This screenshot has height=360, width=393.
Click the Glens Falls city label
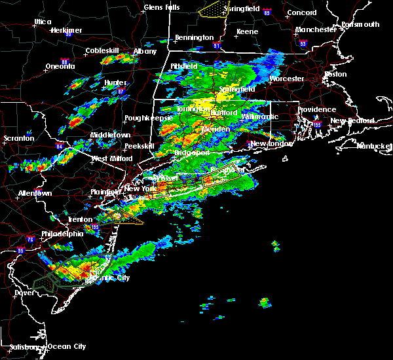(x=163, y=8)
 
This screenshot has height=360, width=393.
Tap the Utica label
(x=43, y=22)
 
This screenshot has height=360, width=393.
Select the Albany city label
(x=145, y=51)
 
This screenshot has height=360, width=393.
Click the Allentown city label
(x=35, y=194)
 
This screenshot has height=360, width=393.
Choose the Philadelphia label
(x=61, y=234)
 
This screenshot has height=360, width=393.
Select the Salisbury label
(x=22, y=346)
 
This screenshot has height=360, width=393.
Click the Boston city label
(x=335, y=74)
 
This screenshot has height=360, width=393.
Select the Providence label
(x=316, y=110)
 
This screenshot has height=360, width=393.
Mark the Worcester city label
(x=287, y=79)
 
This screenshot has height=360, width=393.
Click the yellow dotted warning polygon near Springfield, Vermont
(x=209, y=10)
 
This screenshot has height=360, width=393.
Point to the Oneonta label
(x=60, y=67)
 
